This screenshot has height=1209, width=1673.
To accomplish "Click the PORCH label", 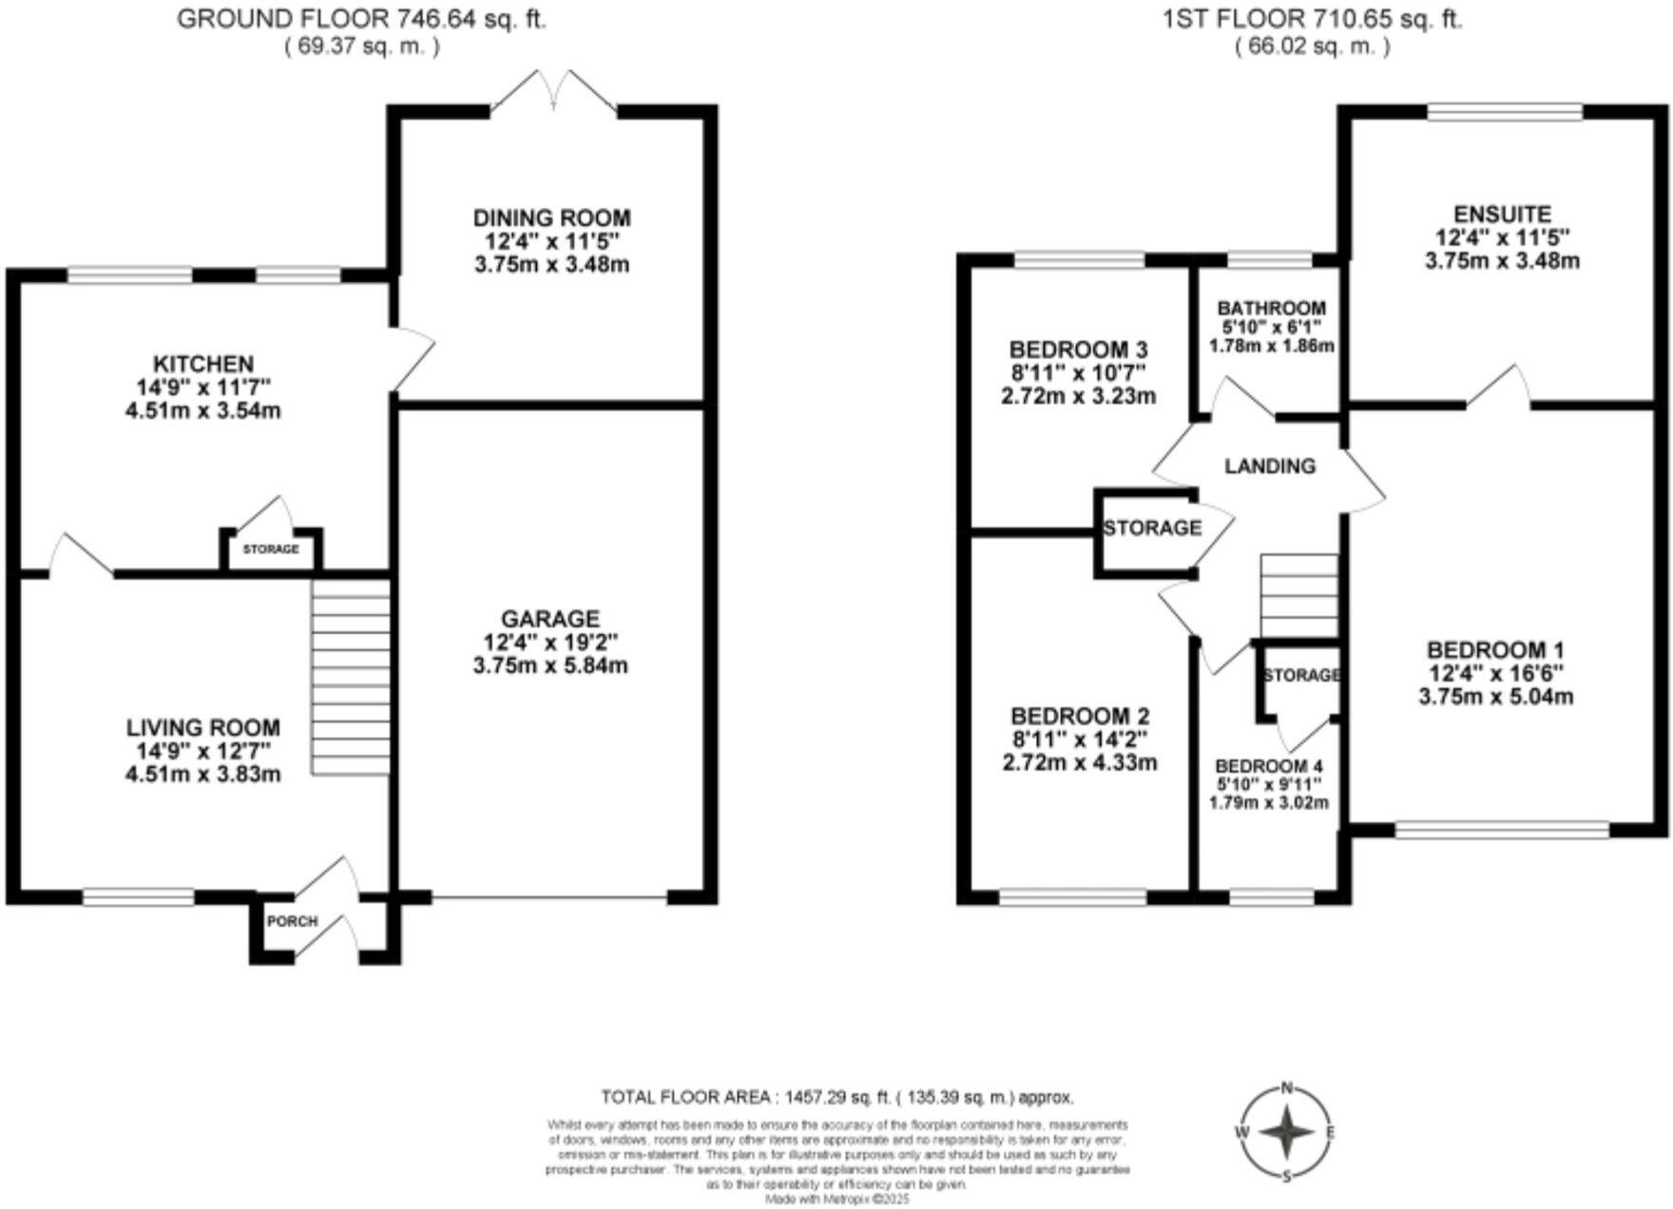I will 292,921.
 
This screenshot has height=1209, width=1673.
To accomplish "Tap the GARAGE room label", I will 550,619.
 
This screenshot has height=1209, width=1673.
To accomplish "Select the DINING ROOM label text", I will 551,219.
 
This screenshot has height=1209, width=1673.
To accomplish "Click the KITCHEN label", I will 203,364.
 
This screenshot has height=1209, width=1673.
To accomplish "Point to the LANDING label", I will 1269,466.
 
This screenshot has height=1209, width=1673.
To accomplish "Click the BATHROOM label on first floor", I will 1271,308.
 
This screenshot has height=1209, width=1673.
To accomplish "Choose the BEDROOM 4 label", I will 1269,766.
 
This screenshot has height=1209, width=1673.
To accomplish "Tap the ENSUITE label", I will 1502,215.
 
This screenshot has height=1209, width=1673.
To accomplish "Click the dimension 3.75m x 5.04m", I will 1495,697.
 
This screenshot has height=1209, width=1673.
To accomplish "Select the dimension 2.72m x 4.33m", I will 1080,762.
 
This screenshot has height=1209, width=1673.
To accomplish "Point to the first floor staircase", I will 1298,596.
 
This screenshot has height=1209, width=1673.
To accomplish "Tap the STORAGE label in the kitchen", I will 271,549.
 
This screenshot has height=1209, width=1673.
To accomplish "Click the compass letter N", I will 1287,1088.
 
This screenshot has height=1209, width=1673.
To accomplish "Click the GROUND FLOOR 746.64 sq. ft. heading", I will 362,19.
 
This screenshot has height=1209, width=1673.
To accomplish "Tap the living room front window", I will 139,896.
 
